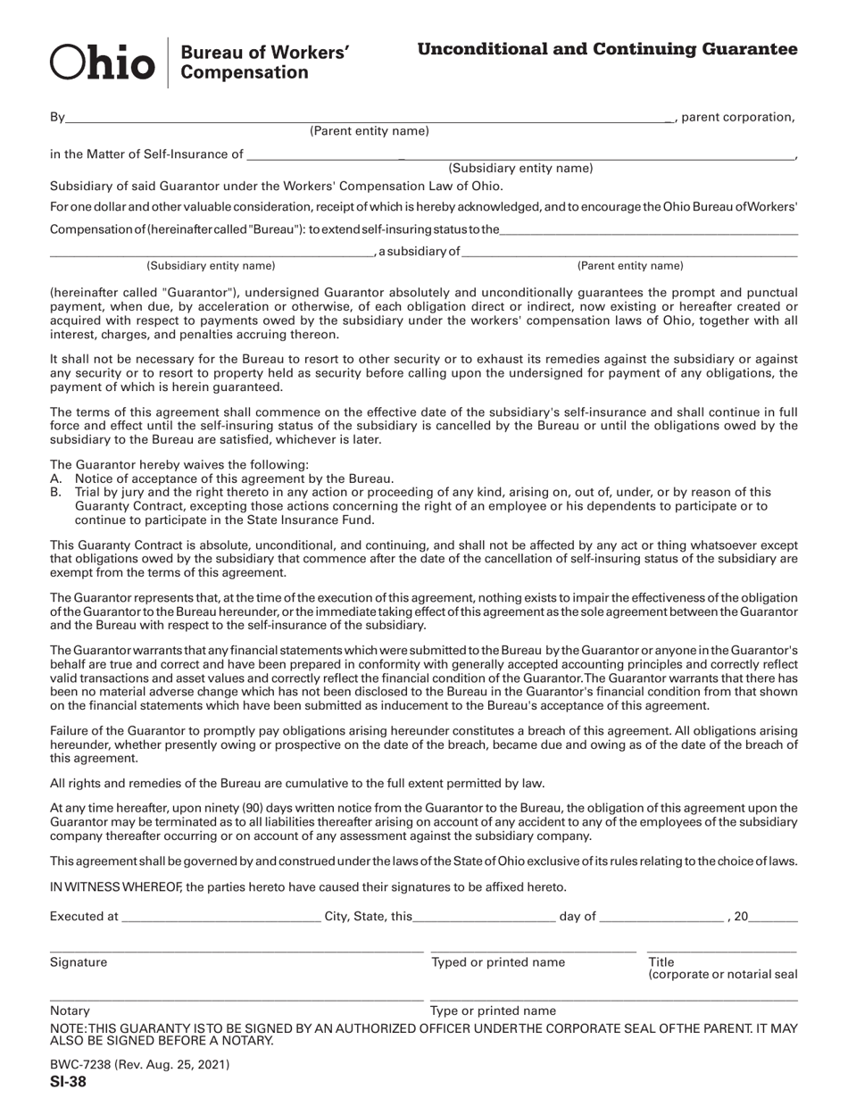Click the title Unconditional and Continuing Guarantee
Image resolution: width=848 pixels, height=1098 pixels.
[x=607, y=49]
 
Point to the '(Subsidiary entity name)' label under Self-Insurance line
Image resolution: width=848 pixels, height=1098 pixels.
[x=520, y=168]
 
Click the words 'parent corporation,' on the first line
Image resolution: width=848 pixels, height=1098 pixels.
[x=736, y=116]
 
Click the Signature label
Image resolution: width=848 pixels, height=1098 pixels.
[x=79, y=962]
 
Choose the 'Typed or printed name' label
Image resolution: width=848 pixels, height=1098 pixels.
[x=498, y=962]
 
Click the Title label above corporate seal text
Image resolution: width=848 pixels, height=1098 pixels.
[x=661, y=962]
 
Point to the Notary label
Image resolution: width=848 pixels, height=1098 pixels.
[x=70, y=1011]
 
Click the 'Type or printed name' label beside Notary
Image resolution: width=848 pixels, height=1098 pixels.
[x=493, y=1011]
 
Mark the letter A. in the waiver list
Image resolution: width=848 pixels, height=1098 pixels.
[x=55, y=478]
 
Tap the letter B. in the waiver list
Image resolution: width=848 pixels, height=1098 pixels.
[x=55, y=492]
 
